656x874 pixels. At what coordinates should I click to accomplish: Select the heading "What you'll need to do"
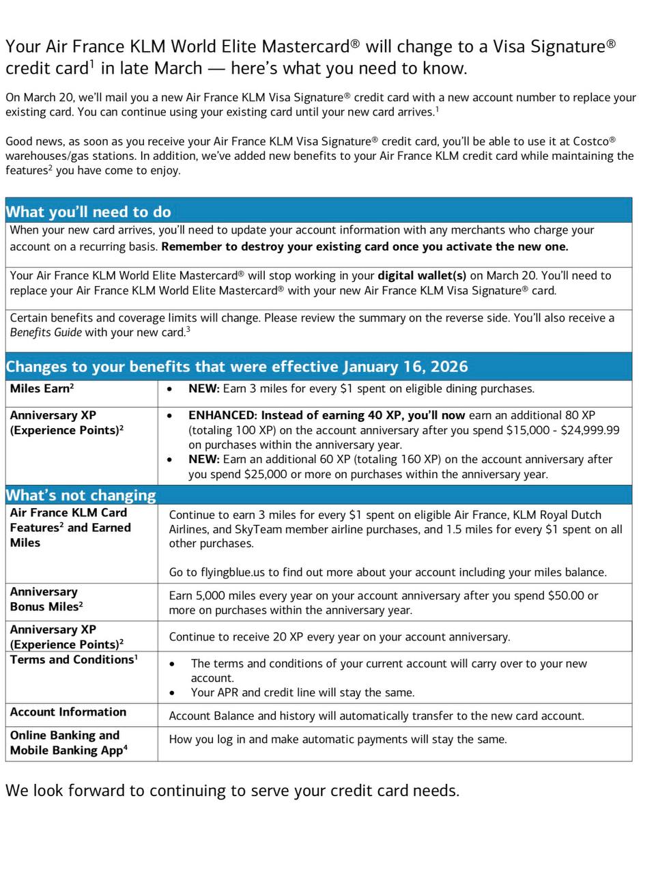point(88,212)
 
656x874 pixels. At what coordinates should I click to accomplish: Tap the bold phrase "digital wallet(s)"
point(422,276)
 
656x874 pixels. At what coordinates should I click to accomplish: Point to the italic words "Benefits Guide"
point(46,333)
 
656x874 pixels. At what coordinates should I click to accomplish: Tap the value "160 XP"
point(384,460)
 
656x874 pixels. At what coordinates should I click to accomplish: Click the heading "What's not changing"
point(81,495)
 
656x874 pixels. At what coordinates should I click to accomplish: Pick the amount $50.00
point(563,595)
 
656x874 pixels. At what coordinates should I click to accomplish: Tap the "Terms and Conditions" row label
point(73,660)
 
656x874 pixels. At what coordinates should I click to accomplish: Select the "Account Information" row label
point(68,712)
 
